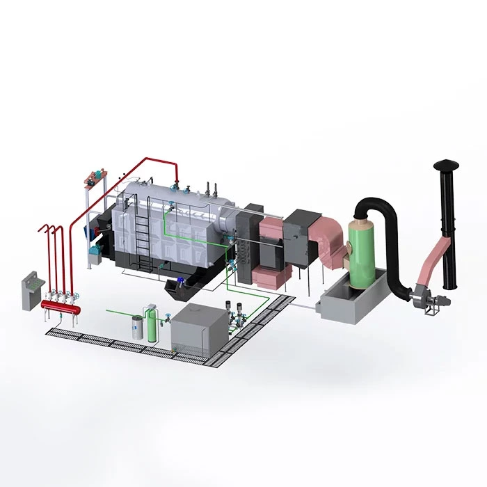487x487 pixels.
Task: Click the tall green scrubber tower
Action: point(363,250)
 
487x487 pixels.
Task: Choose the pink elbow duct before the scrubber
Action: point(326,237)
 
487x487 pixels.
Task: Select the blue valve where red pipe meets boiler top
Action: point(178,185)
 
